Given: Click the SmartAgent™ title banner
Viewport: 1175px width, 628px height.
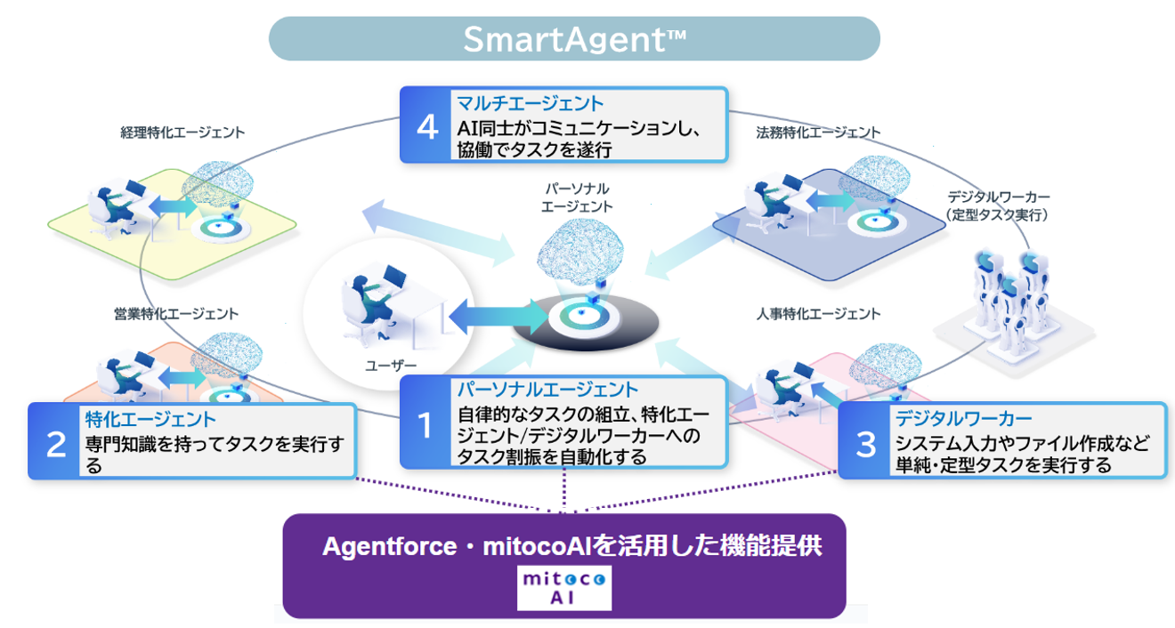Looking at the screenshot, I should click(x=574, y=39).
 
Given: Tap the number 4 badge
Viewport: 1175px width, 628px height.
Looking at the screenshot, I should click(x=426, y=125).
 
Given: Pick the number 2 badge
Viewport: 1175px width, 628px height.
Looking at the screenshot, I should click(x=55, y=443).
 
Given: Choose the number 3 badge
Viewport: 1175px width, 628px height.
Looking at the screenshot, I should click(x=865, y=443).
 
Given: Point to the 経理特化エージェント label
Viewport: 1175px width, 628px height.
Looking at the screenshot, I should click(x=182, y=133).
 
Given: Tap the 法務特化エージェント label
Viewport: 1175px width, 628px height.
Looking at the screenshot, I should click(x=818, y=133).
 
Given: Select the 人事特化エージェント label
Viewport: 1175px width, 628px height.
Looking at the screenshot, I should click(x=818, y=314).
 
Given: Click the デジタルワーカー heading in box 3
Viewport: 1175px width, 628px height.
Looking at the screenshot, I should click(x=963, y=419).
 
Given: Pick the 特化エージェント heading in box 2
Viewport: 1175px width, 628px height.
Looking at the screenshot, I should click(x=150, y=419).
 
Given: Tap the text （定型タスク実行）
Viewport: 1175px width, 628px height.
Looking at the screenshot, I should click(x=997, y=214).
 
